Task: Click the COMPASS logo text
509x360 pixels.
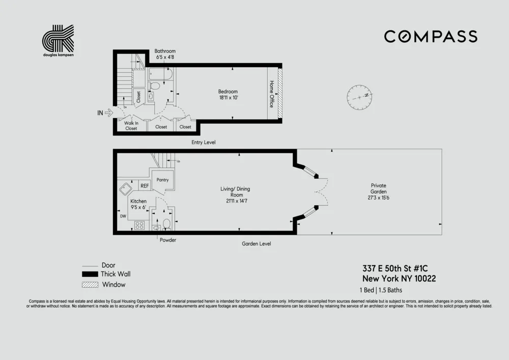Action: click(430, 37)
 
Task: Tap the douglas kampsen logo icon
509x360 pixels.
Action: click(58, 38)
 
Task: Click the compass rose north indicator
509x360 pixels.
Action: click(360, 96)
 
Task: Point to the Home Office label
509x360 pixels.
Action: click(271, 94)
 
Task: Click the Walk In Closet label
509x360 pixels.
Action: click(131, 125)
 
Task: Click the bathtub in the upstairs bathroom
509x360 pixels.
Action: click(161, 75)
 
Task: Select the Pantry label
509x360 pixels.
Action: click(162, 180)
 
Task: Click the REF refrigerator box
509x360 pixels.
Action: click(145, 186)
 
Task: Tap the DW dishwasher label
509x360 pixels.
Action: click(123, 216)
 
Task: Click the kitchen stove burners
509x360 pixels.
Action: click(139, 225)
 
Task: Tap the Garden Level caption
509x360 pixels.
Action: click(256, 244)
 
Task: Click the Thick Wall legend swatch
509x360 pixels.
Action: click(90, 274)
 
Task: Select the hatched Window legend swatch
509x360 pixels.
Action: click(90, 285)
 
